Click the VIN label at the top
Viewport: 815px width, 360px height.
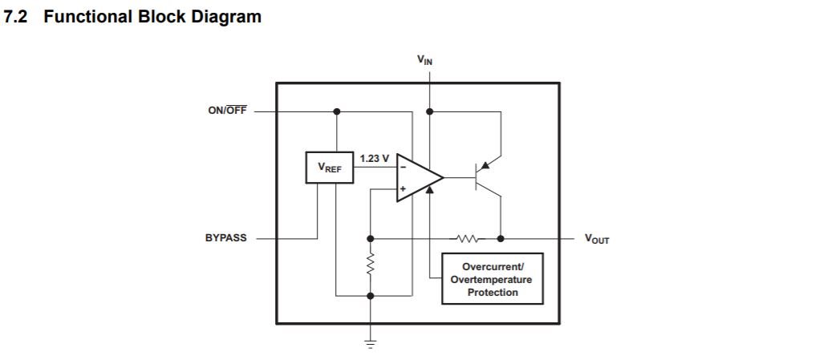pos(424,60)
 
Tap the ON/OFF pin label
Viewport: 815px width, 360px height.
pos(227,111)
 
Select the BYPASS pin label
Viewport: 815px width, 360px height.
pos(225,238)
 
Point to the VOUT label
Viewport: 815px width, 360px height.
pos(596,239)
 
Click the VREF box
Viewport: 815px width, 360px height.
pos(329,168)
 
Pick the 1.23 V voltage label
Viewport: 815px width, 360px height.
pos(375,159)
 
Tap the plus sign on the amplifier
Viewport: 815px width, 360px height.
pos(403,189)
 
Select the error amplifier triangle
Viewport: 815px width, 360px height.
pos(417,177)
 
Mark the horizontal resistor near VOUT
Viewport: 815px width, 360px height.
pos(467,238)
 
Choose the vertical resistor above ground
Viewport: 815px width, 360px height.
pos(370,265)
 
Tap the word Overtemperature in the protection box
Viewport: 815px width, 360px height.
pos(491,279)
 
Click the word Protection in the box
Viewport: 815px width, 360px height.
pos(492,292)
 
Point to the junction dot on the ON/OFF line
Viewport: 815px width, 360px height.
pos(337,111)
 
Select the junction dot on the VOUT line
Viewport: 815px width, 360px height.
pos(501,238)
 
